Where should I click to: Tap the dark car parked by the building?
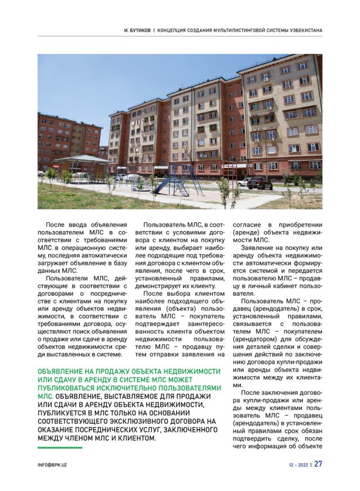pyautogui.click(x=260, y=184)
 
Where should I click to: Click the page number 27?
pyautogui.click(x=318, y=464)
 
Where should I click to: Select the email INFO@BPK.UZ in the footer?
pyautogui.click(x=53, y=465)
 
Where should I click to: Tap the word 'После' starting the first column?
pyautogui.click(x=54, y=225)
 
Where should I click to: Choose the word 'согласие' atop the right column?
pyautogui.click(x=246, y=225)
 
